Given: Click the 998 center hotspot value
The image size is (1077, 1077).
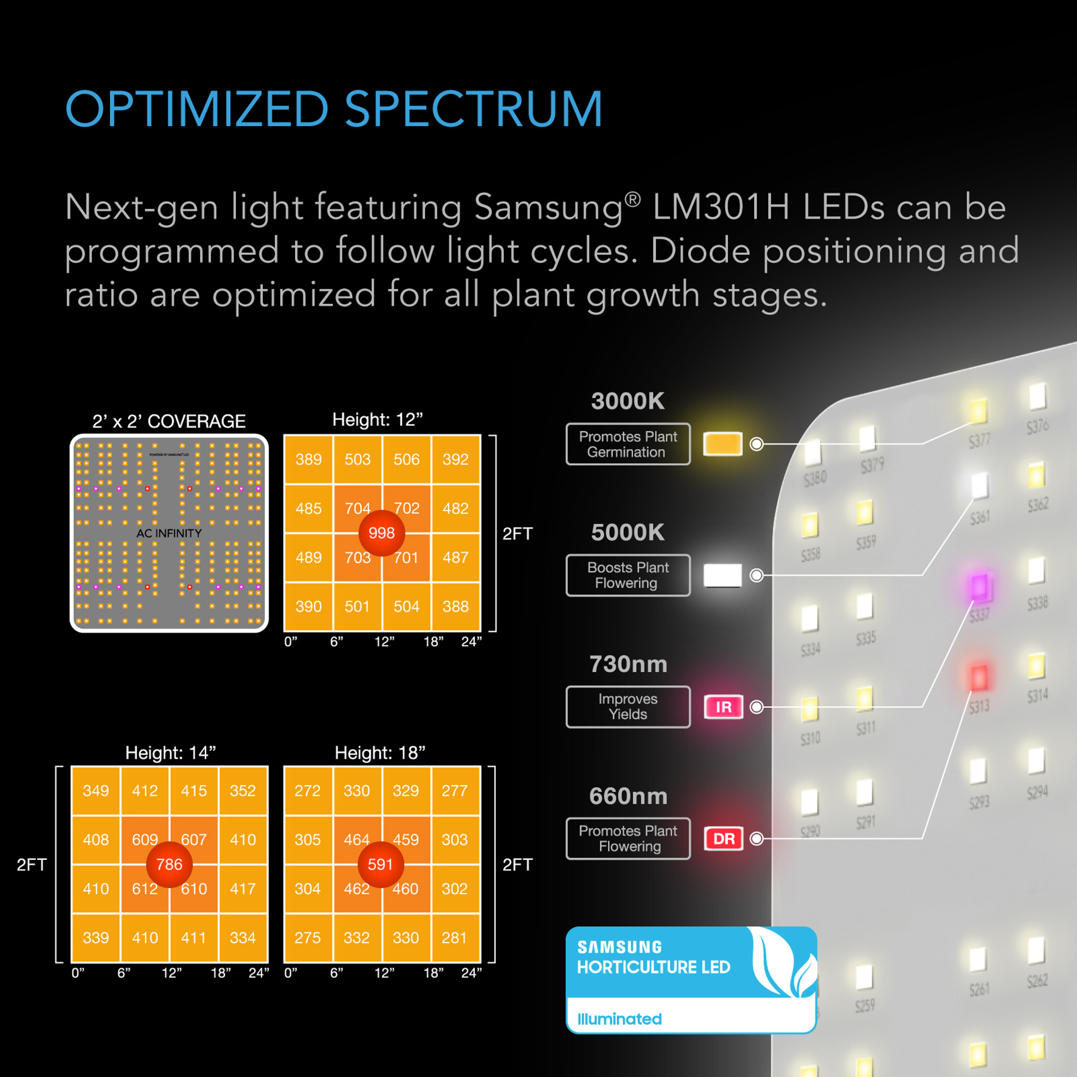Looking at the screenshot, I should point(381,533).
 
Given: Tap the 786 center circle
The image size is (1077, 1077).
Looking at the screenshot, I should point(169,864).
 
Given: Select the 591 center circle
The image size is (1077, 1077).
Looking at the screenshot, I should point(380,864).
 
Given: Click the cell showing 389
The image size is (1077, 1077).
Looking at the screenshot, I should point(308,459).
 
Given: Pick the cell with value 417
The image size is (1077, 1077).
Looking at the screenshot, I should point(242,889).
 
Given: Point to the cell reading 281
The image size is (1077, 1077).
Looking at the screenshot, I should point(454,938).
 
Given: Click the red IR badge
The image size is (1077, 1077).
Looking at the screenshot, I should point(723,707).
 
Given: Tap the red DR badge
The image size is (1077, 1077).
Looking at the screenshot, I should point(723,838).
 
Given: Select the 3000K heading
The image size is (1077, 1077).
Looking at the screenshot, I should point(628,401).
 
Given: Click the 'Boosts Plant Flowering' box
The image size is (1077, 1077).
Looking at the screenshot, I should point(628,575).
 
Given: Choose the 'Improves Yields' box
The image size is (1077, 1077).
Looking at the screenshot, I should point(628,707).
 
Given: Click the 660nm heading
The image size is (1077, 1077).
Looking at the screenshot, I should point(628,796).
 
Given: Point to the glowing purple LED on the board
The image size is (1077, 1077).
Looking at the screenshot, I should point(979,586).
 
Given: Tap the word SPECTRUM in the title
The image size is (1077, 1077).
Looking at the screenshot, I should point(473,109).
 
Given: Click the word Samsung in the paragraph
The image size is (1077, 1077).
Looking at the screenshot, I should point(548,207).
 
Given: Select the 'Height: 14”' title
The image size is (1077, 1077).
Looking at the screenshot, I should point(170,753).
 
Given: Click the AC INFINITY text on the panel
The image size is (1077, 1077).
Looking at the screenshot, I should point(169,533).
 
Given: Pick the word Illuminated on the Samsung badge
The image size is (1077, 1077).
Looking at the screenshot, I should point(619,1019).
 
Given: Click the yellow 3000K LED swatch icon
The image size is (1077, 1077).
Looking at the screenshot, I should point(723,444).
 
